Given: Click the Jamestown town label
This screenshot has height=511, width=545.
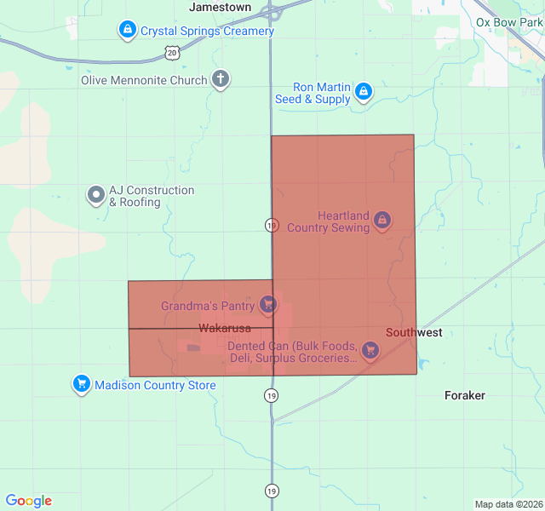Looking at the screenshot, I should click(221, 7).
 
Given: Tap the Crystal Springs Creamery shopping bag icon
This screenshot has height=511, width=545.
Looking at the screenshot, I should click(128, 31).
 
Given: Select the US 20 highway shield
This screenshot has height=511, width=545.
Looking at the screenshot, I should click(173, 53).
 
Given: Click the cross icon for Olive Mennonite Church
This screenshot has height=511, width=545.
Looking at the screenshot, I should click(221, 80).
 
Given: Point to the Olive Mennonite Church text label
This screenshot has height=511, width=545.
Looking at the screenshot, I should click(144, 80).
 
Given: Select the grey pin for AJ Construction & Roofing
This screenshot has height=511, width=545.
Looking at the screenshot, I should click(95, 196).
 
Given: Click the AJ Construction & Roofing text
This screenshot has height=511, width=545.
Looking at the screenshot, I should click(152, 197).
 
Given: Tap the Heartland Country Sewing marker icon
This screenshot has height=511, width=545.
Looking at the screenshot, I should click(382, 221).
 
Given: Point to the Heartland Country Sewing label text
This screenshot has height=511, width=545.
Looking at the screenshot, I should click(329, 221).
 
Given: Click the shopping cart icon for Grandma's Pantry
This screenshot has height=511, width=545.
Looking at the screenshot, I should click(268, 304).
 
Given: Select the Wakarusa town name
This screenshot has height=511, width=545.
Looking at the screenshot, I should click(225, 327).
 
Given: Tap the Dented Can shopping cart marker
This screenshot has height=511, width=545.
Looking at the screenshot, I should click(370, 349).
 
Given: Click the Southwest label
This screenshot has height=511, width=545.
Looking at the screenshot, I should click(414, 332).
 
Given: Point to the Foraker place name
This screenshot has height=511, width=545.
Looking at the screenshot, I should click(465, 395).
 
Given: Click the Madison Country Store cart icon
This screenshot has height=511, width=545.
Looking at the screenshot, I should click(81, 385).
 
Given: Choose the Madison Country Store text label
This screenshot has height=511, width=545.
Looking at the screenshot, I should click(155, 385).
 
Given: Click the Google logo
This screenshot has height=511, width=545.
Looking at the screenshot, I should click(29, 501).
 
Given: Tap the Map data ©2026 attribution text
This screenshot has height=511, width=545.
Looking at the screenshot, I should click(508, 504).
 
